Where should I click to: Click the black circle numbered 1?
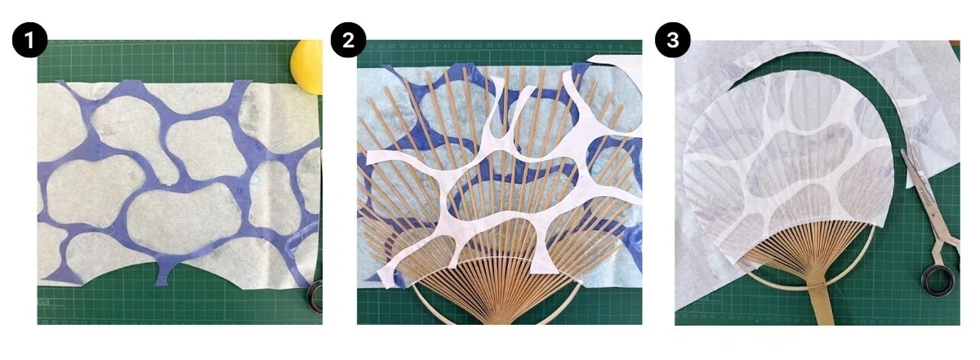(29, 40)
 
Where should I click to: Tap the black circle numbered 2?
(348, 40)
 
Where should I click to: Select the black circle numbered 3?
(672, 40)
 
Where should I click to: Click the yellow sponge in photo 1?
(308, 66)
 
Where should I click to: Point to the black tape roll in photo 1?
(316, 296)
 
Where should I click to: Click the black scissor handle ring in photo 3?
(938, 282)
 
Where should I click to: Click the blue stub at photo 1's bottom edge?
(163, 273)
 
